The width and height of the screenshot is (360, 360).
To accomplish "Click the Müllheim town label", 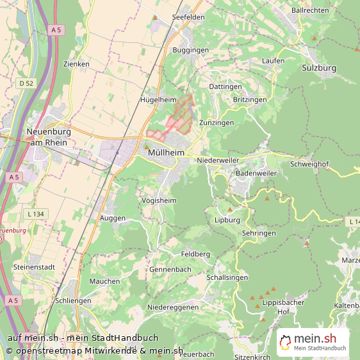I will tap(165, 153).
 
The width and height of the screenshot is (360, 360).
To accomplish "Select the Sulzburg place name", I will tap(318, 68).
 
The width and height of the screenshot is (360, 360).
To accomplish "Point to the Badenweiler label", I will tap(256, 174).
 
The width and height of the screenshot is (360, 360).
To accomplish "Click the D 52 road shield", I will tap(26, 83).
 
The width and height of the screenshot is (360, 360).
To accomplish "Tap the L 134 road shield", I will tap(36, 213).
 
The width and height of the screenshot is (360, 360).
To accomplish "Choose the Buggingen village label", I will tap(190, 49).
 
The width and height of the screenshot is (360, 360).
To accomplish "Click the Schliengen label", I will tap(74, 300).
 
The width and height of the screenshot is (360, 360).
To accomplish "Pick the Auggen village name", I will tap(113, 218).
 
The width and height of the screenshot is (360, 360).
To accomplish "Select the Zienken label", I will tap(76, 64).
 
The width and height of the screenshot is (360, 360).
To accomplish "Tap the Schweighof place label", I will tap(309, 164).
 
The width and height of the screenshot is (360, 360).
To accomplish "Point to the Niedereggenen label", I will tap(173, 307).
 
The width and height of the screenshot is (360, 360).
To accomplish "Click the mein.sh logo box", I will tap(313, 342).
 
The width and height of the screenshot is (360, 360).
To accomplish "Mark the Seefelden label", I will tap(188, 17).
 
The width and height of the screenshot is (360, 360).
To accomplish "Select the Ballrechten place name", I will tap(310, 10).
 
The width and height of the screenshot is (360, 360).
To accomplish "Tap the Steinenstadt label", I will tap(33, 266).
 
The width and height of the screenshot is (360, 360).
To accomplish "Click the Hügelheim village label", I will tap(158, 100).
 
